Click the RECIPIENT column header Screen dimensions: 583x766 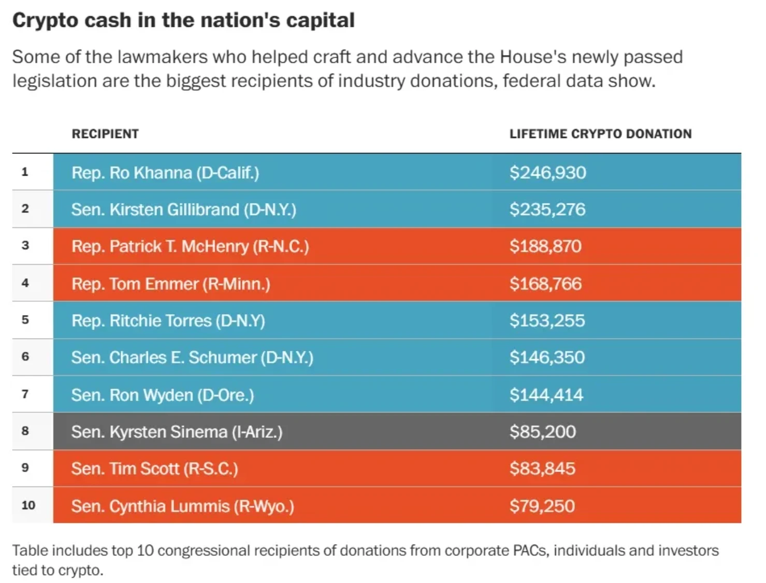coord(105,134)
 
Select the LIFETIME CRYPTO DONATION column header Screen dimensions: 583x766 coord(600,134)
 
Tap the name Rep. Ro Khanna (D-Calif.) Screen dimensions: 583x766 coord(165,173)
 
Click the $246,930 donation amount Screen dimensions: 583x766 coord(547,173)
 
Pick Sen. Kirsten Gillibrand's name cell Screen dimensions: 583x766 coord(183,209)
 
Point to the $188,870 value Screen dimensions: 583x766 coord(545,246)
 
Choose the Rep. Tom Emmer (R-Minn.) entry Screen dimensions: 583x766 coord(170,284)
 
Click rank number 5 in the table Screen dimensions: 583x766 coord(25,320)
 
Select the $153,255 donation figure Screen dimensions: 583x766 coord(547,321)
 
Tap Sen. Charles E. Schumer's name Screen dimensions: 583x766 coord(192,358)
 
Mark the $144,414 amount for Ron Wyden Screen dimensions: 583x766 coord(546,395)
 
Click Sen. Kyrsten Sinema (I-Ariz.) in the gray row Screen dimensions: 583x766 coord(177,432)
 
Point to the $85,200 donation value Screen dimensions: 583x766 coord(542,432)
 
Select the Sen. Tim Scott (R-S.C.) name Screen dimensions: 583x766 coord(154,468)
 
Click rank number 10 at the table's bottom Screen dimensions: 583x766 coord(28,505)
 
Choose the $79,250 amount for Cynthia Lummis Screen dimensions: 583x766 coord(542,506)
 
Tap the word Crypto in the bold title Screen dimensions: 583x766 coord(45,20)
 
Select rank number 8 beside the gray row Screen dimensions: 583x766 coord(25,431)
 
